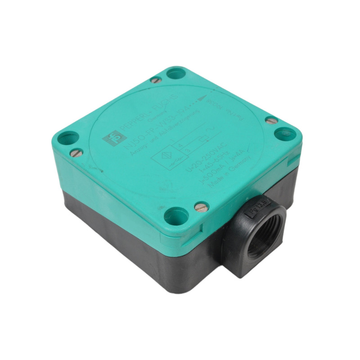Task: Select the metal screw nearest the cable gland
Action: tap(201, 207)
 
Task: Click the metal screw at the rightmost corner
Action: tap(271, 121)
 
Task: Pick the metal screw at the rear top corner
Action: tap(156, 80)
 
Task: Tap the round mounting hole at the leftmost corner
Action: tap(67, 137)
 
